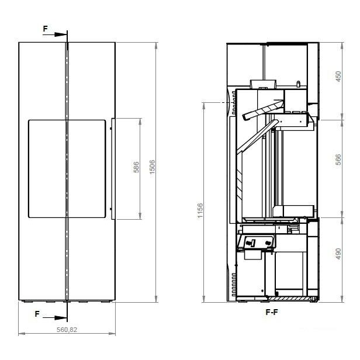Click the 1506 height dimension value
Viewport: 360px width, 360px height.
coord(152,167)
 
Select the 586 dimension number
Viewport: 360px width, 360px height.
coord(136,167)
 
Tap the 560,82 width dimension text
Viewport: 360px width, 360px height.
coord(67,330)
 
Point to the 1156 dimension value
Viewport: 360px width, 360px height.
coord(200,210)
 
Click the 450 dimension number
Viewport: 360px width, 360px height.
coord(338,77)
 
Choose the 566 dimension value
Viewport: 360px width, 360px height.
coord(338,160)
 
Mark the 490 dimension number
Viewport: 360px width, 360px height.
coord(338,254)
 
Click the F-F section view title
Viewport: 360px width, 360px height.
coord(272,312)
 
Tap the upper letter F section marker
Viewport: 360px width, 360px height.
coord(46,29)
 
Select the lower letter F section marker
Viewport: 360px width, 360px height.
coord(37,314)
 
